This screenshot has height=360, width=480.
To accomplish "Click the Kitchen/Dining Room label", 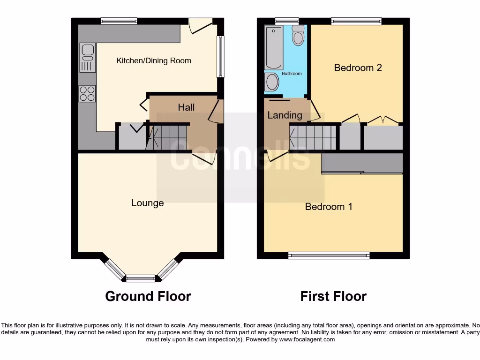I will [x=154, y=60].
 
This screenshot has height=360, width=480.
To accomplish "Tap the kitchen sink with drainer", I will [x=87, y=58].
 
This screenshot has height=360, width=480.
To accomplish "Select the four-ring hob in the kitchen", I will [x=87, y=94].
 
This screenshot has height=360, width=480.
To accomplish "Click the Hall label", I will [x=186, y=107].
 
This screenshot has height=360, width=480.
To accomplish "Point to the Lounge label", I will [x=148, y=203].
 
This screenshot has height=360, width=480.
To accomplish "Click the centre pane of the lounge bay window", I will [x=141, y=278].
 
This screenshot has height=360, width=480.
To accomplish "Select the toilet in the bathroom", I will [x=298, y=36].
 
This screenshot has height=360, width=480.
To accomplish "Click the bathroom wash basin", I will [x=271, y=83].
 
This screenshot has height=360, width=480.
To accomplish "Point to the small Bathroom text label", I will [x=292, y=74].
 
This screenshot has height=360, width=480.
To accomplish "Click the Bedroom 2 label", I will [x=358, y=67].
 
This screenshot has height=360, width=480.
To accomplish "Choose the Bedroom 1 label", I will [x=329, y=207].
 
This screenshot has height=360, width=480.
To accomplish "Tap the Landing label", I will [x=285, y=115].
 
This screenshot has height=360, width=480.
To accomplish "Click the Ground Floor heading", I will [x=148, y=296].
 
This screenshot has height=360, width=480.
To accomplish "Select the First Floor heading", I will [x=333, y=296].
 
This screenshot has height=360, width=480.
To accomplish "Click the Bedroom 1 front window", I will [x=329, y=255].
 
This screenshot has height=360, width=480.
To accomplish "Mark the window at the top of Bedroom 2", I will [x=356, y=21].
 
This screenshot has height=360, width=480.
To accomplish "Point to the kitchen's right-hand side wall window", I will [x=220, y=57].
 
